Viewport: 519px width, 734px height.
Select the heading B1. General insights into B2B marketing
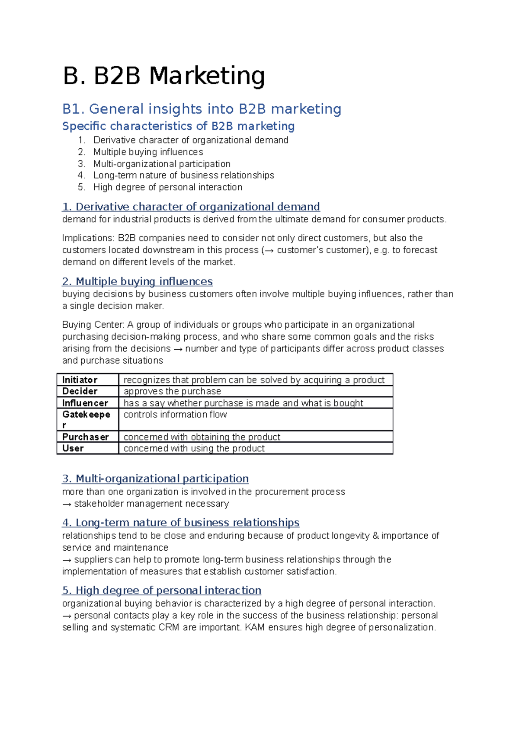pyautogui.click(x=202, y=109)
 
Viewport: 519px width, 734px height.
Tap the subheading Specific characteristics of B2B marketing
pyautogui.click(x=178, y=126)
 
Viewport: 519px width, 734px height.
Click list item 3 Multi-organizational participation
pyautogui.click(x=162, y=164)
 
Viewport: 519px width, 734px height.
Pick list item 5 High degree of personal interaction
pyautogui.click(x=168, y=187)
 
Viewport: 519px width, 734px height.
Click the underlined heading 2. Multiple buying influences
pyautogui.click(x=137, y=281)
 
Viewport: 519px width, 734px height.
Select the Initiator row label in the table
pyautogui.click(x=80, y=380)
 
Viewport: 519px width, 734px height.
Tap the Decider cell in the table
pyautogui.click(x=80, y=391)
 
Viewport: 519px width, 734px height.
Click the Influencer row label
pyautogui.click(x=85, y=403)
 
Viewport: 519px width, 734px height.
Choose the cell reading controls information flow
pyautogui.click(x=175, y=415)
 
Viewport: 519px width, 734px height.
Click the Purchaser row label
pyautogui.click(x=85, y=437)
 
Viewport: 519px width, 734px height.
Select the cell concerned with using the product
pyautogui.click(x=194, y=448)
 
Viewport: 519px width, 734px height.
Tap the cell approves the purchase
pyautogui.click(x=172, y=391)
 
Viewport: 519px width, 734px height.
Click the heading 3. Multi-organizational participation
pyautogui.click(x=155, y=479)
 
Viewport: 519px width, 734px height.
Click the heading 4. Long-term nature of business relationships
pyautogui.click(x=181, y=523)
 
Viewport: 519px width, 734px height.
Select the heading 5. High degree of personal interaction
pyautogui.click(x=162, y=590)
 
